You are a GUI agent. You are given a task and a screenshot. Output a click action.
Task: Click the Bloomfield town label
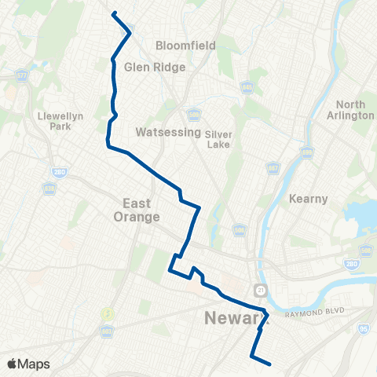pyautogui.click(x=185, y=46)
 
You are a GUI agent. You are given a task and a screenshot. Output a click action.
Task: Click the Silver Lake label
pyautogui.click(x=219, y=139)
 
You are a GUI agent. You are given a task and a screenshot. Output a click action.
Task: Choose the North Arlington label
pyautogui.click(x=355, y=110)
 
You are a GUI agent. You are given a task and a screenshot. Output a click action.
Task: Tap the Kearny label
pyautogui.click(x=308, y=199)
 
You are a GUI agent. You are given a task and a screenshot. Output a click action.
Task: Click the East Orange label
pyautogui.click(x=135, y=210)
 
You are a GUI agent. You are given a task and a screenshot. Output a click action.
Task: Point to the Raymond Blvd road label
pyautogui.click(x=314, y=313)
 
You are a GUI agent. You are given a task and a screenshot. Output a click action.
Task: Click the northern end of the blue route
pyautogui.click(x=114, y=13)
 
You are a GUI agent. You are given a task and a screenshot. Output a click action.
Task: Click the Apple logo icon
pyautogui.click(x=12, y=364)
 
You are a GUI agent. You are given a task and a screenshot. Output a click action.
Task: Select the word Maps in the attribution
pyautogui.click(x=35, y=364)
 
